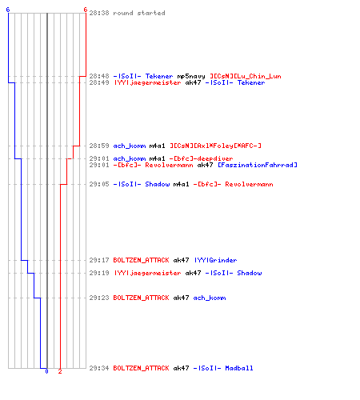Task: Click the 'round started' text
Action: [x=139, y=13]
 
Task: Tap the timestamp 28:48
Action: [x=99, y=76]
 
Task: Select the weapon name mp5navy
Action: [x=191, y=76]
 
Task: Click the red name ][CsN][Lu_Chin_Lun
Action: [x=246, y=76]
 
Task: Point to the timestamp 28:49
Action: [x=99, y=82]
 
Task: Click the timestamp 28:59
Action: [x=99, y=146]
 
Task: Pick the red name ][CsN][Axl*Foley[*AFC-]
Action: [x=215, y=146]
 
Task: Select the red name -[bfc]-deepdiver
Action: [x=201, y=158]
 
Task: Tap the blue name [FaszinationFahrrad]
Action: [x=258, y=165]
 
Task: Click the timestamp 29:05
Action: [x=99, y=184]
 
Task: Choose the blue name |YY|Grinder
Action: [x=215, y=260]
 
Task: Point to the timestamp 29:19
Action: [x=99, y=273]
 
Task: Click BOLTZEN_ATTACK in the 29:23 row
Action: [x=141, y=298]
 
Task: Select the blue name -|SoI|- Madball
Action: [x=223, y=368]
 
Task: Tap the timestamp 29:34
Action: [x=99, y=368]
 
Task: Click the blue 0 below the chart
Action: [x=46, y=371]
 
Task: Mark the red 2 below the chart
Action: [x=60, y=371]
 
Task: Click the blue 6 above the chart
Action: [x=8, y=10]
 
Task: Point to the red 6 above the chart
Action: [x=86, y=10]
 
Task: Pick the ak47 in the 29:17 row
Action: [x=181, y=260]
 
